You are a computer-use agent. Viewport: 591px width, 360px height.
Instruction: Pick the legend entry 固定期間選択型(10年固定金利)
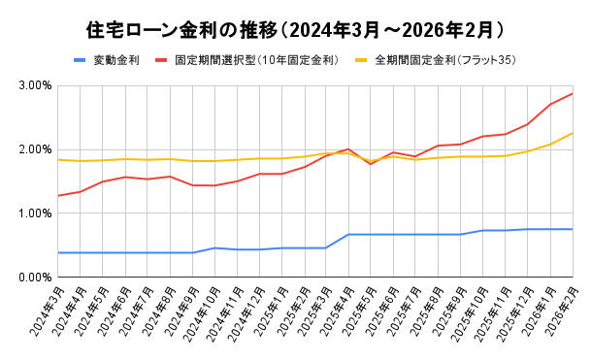click(256, 60)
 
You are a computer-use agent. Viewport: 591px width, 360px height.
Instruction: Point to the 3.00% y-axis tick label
click(35, 85)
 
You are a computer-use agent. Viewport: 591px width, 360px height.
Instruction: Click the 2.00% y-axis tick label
click(35, 149)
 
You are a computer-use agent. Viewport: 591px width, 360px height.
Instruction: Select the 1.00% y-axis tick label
click(35, 213)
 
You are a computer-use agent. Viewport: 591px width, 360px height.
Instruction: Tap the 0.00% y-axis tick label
click(35, 278)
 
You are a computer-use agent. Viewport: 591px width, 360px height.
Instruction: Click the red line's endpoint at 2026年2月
click(573, 93)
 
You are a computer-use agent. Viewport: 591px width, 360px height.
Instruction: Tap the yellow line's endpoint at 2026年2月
click(573, 133)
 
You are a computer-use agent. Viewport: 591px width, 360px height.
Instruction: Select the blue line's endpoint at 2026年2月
click(573, 229)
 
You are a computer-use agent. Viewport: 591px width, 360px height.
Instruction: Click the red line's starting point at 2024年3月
click(58, 196)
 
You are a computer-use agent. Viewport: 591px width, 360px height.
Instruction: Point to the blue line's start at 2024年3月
click(58, 252)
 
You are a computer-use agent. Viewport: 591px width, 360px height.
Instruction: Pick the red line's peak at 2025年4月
click(348, 149)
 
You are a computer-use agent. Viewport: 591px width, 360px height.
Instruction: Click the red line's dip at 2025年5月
click(371, 164)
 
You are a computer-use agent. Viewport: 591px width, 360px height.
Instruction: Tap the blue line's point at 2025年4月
click(348, 234)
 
